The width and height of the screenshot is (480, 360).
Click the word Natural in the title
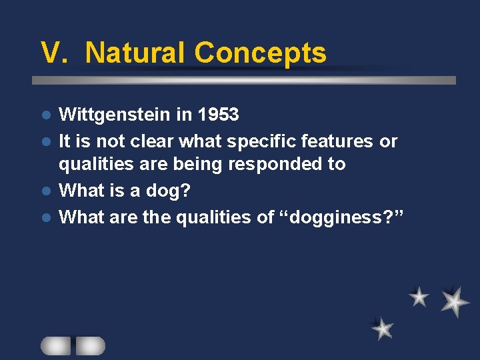[136, 53]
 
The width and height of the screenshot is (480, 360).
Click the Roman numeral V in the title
[54, 53]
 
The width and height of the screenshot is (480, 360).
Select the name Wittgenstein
[116, 115]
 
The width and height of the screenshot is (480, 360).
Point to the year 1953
[217, 115]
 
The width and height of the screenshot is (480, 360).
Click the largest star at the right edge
[455, 301]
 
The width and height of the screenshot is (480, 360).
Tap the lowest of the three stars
[383, 328]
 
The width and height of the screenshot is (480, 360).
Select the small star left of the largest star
[419, 297]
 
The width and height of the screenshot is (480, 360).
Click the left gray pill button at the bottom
[55, 345]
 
